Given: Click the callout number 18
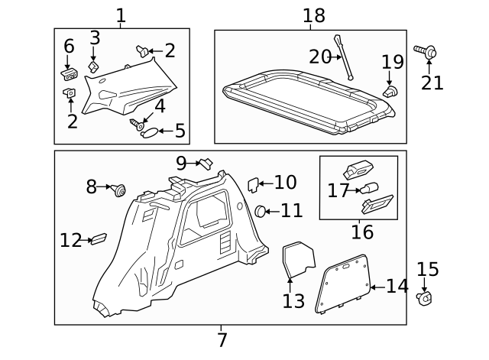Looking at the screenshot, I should (x=313, y=15).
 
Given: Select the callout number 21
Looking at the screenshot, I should (x=432, y=82).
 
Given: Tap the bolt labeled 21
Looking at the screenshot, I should (x=426, y=52).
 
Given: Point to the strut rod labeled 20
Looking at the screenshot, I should (x=343, y=57).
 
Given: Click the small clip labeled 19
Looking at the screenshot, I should (x=389, y=92).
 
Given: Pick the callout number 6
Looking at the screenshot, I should (x=69, y=46).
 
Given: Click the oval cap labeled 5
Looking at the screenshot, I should (x=151, y=131).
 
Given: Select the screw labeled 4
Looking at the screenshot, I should (x=138, y=123).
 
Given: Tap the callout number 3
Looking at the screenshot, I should (x=95, y=38).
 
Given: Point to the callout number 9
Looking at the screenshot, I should (x=181, y=163).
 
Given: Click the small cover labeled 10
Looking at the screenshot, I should (x=254, y=184).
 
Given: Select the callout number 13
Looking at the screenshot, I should (x=293, y=300).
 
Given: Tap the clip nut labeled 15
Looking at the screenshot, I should (x=425, y=297).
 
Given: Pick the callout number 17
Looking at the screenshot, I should (x=338, y=190).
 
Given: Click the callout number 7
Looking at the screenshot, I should (x=222, y=339).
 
